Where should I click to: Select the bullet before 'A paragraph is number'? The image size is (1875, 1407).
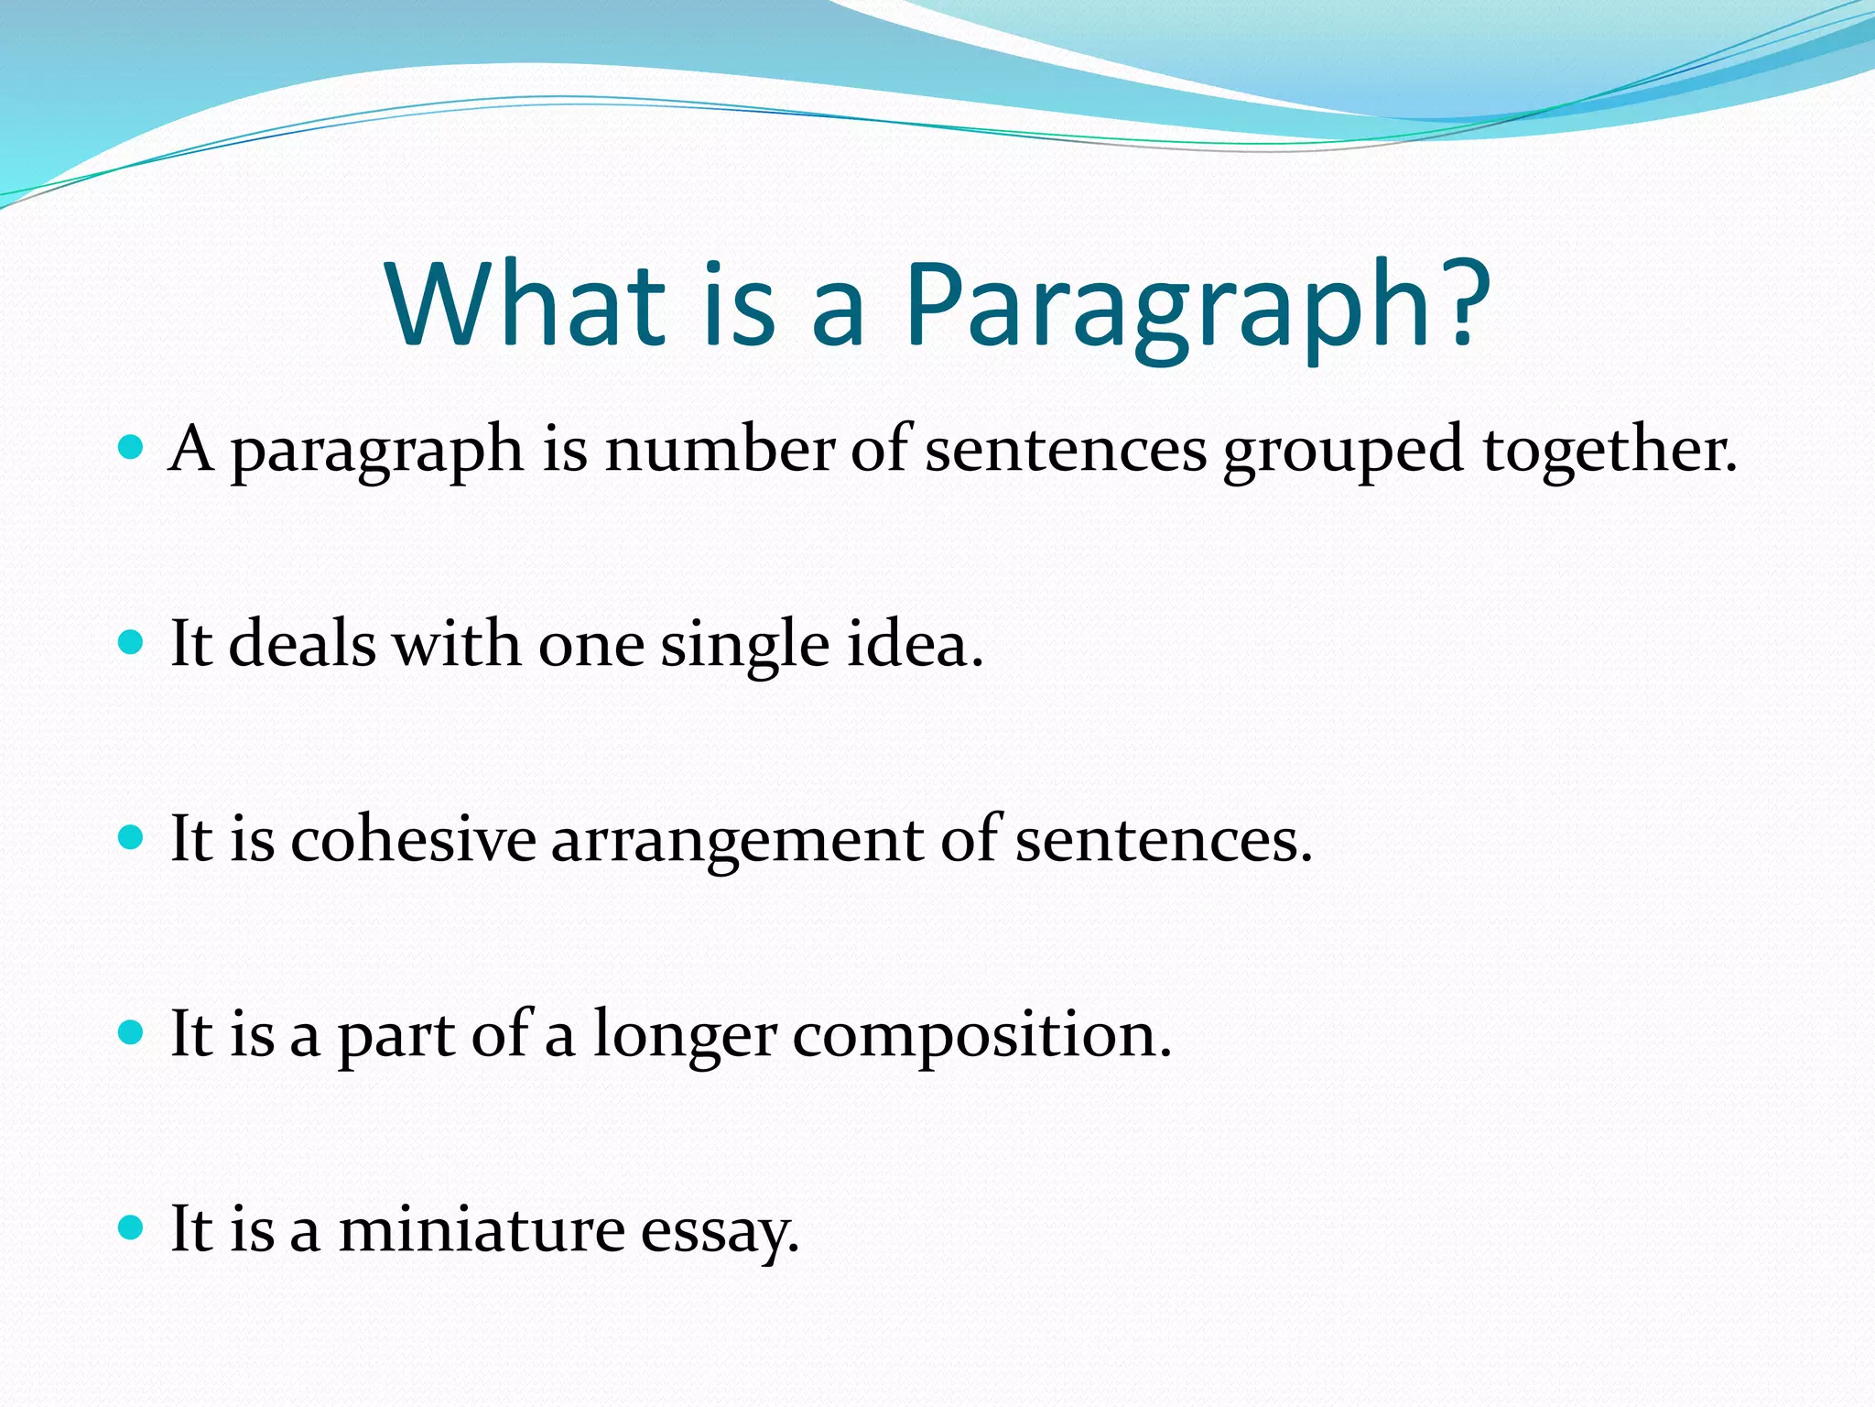click(x=132, y=448)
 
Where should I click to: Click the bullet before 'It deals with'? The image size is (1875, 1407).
click(x=132, y=643)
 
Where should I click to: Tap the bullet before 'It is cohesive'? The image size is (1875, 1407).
click(x=132, y=838)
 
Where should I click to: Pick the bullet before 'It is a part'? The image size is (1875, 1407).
click(x=132, y=1033)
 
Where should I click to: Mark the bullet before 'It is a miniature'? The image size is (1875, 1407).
click(x=132, y=1227)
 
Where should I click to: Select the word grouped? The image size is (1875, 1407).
click(x=1343, y=453)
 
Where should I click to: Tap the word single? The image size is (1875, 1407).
click(x=744, y=647)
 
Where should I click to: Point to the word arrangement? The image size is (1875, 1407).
click(x=738, y=841)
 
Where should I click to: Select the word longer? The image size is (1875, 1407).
click(x=685, y=1037)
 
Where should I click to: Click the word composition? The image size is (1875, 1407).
click(x=981, y=1035)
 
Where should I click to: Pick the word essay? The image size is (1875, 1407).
click(x=720, y=1231)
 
